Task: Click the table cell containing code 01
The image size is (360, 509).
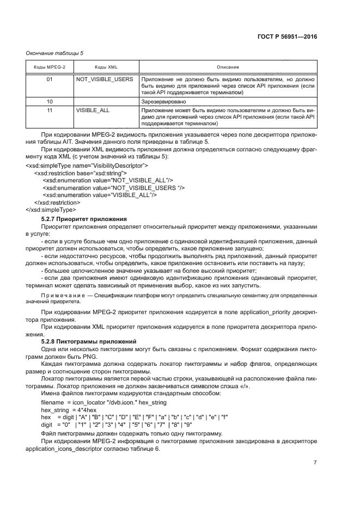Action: [50, 79]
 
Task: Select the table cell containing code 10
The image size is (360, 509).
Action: [50, 101]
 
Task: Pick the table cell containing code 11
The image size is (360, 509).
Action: [50, 110]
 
